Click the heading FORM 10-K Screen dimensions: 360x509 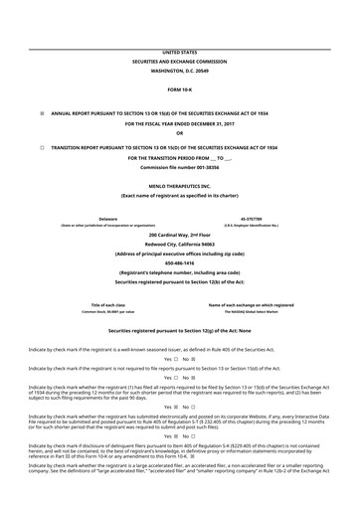[x=179, y=88]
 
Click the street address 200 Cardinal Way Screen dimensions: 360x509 [x=179, y=234]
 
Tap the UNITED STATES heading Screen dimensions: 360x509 [x=179, y=52]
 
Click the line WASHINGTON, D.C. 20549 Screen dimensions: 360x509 [x=179, y=71]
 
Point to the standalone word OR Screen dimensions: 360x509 [x=179, y=133]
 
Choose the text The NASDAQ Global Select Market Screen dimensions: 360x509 [x=251, y=311]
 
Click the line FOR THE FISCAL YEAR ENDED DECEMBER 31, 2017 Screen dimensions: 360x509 [x=179, y=124]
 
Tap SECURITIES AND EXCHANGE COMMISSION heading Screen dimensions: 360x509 [x=179, y=61]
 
